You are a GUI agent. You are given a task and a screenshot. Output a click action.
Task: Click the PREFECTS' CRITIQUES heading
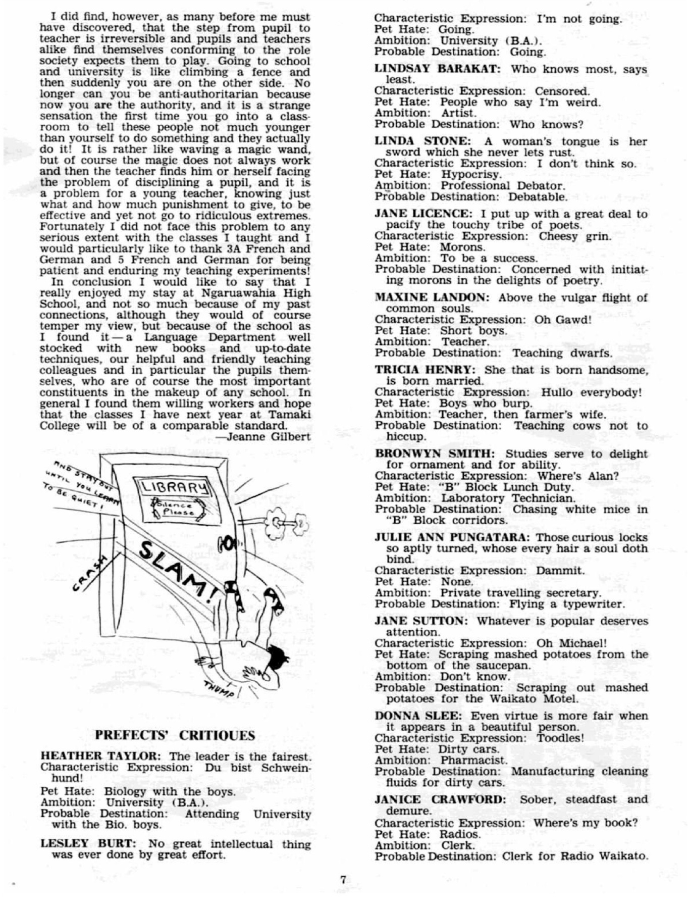(175, 735)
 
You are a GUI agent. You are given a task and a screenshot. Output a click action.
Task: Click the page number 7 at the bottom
(343, 879)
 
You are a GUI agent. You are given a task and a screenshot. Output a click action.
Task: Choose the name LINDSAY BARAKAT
(437, 69)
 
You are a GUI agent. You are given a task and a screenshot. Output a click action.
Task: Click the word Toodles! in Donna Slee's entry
(559, 738)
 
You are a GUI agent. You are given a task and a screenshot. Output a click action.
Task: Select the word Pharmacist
(473, 760)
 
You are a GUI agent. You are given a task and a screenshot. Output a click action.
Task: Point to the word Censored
(562, 91)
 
